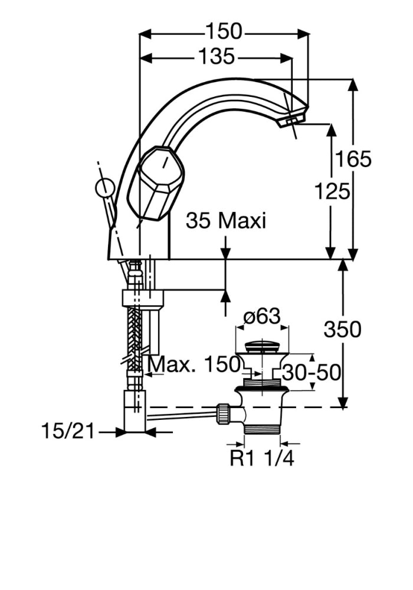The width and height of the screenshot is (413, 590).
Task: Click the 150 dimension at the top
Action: (x=224, y=31)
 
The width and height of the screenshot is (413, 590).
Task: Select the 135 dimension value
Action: (x=215, y=57)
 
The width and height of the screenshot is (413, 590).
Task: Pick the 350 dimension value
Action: (x=342, y=329)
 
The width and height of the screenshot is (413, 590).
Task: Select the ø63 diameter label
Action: (x=261, y=317)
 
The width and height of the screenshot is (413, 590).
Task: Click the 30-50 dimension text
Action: (x=311, y=373)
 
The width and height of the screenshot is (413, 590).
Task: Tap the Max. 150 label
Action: (x=194, y=364)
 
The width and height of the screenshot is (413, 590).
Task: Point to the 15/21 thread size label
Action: (x=68, y=431)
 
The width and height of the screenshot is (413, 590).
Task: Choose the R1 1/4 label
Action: (x=261, y=458)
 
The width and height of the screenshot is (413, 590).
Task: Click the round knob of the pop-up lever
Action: (x=104, y=188)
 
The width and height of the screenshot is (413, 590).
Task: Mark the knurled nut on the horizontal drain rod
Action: (x=224, y=413)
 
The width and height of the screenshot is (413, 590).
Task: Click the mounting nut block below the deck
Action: (x=142, y=297)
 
